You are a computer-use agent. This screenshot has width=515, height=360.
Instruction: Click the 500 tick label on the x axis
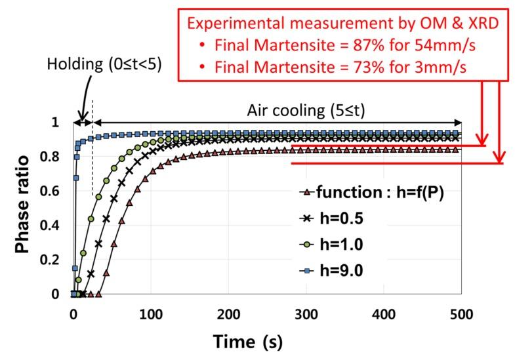coord(460,313)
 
